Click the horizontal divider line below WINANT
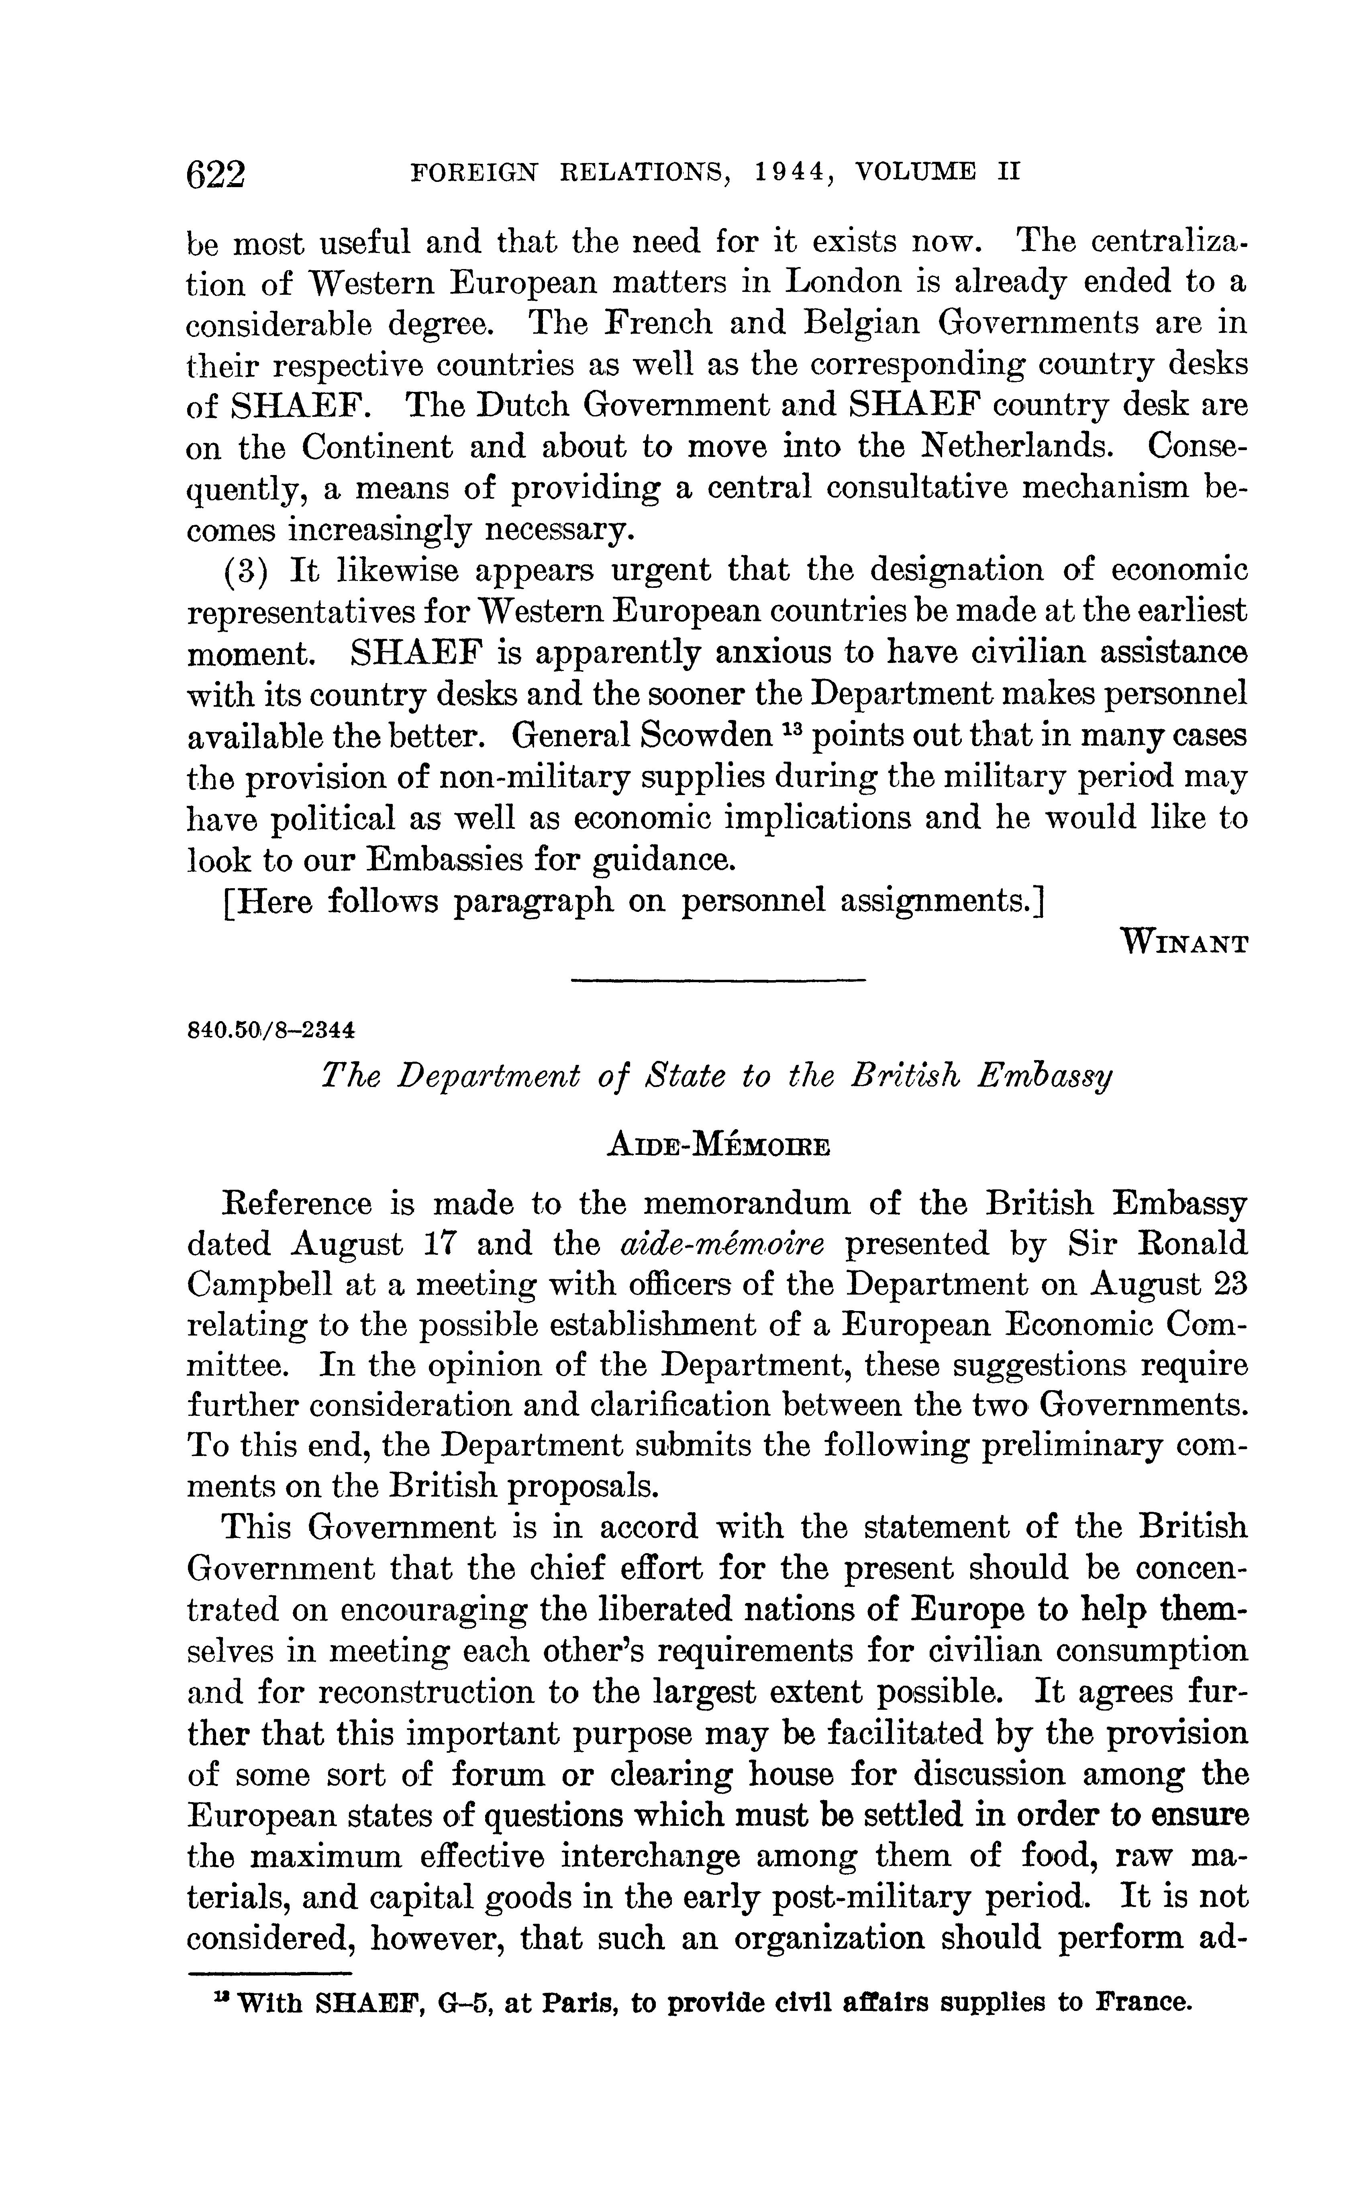[718, 980]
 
